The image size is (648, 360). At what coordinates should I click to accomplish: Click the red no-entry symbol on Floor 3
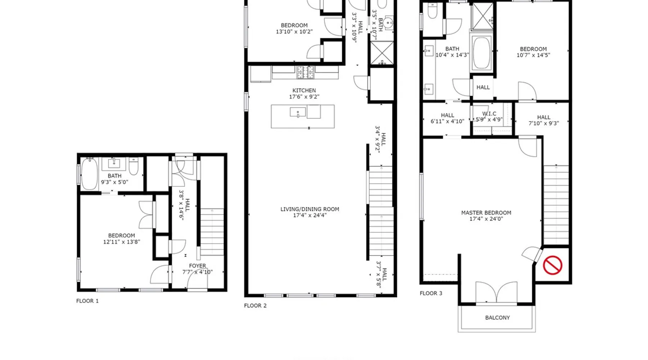[553, 265]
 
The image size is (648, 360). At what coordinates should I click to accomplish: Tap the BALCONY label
[498, 318]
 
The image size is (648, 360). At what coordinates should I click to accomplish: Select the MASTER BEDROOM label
[486, 213]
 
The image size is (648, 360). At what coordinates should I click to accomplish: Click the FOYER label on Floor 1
[197, 266]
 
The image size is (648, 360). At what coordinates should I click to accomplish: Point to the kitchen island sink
[298, 113]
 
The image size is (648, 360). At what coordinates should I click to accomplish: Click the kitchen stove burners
[305, 72]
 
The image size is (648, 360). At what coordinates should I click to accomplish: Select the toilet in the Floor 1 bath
[134, 166]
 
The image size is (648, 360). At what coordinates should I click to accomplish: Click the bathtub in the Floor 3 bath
[481, 53]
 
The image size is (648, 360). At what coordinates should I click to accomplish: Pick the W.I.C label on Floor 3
[489, 113]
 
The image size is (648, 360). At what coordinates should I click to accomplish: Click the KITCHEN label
[304, 90]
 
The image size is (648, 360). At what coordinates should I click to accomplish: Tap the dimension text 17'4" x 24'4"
[310, 215]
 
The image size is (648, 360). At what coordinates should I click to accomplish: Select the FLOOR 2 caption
[255, 306]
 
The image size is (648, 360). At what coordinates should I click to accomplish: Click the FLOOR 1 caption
[87, 301]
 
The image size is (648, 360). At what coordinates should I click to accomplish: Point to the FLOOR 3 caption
[431, 293]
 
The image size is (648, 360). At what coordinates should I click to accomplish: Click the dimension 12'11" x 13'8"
[122, 242]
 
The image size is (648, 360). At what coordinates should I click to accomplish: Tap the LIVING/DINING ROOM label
[310, 209]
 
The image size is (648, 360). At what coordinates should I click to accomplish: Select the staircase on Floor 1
[212, 232]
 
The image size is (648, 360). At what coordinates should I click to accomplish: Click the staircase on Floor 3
[556, 205]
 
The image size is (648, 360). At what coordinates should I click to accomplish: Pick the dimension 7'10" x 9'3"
[544, 123]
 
